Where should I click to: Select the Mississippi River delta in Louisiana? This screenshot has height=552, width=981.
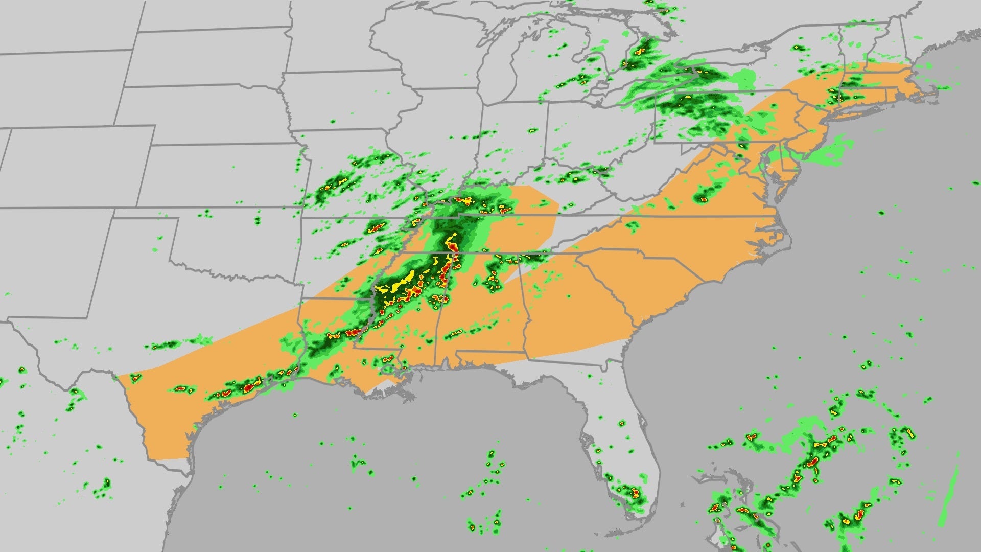pyautogui.click(x=404, y=391)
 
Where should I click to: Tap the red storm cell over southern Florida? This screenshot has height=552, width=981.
pyautogui.click(x=635, y=493)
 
